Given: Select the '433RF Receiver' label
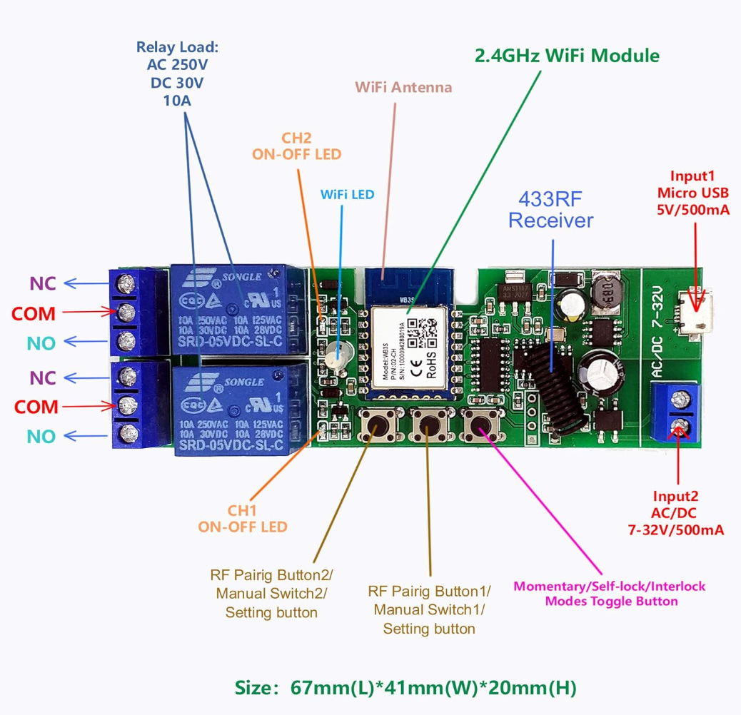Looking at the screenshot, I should [x=550, y=209].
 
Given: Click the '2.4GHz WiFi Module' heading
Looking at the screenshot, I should [x=568, y=56].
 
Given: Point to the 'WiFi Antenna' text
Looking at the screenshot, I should [x=404, y=88].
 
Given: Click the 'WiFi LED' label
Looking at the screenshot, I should [x=347, y=194].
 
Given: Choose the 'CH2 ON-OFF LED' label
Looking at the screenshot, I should [x=296, y=146].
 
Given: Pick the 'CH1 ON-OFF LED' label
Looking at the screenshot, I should [x=243, y=519].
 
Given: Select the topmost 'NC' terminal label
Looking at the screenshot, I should [x=43, y=283].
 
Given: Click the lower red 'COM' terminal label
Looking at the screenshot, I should [x=36, y=407].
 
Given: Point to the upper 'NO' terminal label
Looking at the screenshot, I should [x=41, y=343].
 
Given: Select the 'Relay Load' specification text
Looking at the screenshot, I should [x=177, y=74].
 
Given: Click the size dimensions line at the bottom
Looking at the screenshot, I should [x=405, y=688].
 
